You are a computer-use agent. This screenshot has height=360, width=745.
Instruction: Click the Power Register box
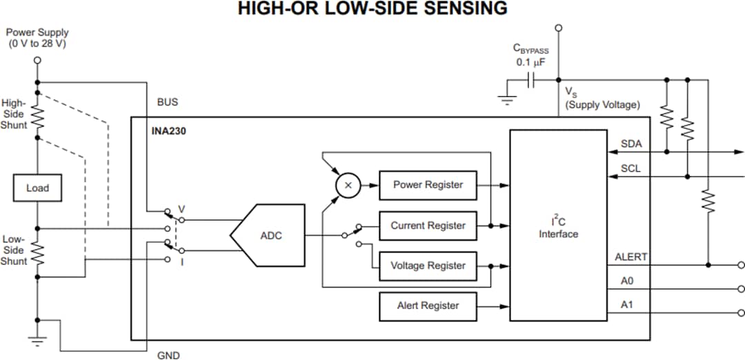[428, 185]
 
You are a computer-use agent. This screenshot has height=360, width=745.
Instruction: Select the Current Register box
[428, 226]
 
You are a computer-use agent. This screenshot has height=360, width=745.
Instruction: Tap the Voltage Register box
[428, 266]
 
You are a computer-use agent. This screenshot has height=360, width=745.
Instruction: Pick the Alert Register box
[428, 306]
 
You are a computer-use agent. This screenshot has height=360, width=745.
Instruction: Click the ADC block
[269, 235]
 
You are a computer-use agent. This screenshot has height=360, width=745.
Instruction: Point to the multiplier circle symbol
[348, 185]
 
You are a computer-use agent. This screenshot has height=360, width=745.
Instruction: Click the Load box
[37, 188]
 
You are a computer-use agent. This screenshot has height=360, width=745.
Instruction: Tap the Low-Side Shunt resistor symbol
[37, 253]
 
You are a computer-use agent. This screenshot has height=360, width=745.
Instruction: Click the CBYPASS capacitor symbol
[531, 80]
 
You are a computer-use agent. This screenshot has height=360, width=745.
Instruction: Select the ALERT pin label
[630, 257]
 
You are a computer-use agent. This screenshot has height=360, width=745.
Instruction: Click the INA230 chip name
[168, 129]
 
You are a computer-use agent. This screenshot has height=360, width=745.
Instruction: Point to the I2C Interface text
[558, 228]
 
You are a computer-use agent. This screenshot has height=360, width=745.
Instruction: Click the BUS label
[167, 102]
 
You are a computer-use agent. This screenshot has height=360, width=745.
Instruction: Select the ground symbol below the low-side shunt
[37, 339]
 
